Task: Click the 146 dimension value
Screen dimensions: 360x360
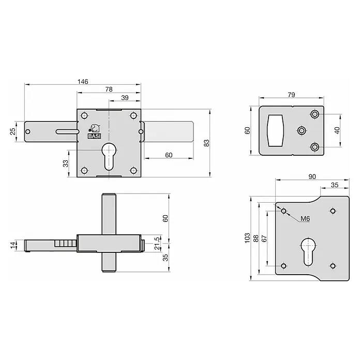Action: tap(83, 82)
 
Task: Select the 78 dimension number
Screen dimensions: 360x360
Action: tap(109, 89)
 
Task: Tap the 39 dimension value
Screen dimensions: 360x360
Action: tap(125, 98)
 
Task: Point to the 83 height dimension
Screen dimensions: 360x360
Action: tap(206, 143)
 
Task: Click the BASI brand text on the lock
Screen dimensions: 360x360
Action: tap(94, 136)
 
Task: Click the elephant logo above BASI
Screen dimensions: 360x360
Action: tap(94, 129)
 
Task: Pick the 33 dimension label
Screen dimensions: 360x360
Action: tap(66, 163)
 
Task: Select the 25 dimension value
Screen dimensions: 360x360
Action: tap(13, 131)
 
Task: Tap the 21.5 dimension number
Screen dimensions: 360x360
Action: tap(157, 244)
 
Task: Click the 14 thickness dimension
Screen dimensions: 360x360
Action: tap(13, 245)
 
